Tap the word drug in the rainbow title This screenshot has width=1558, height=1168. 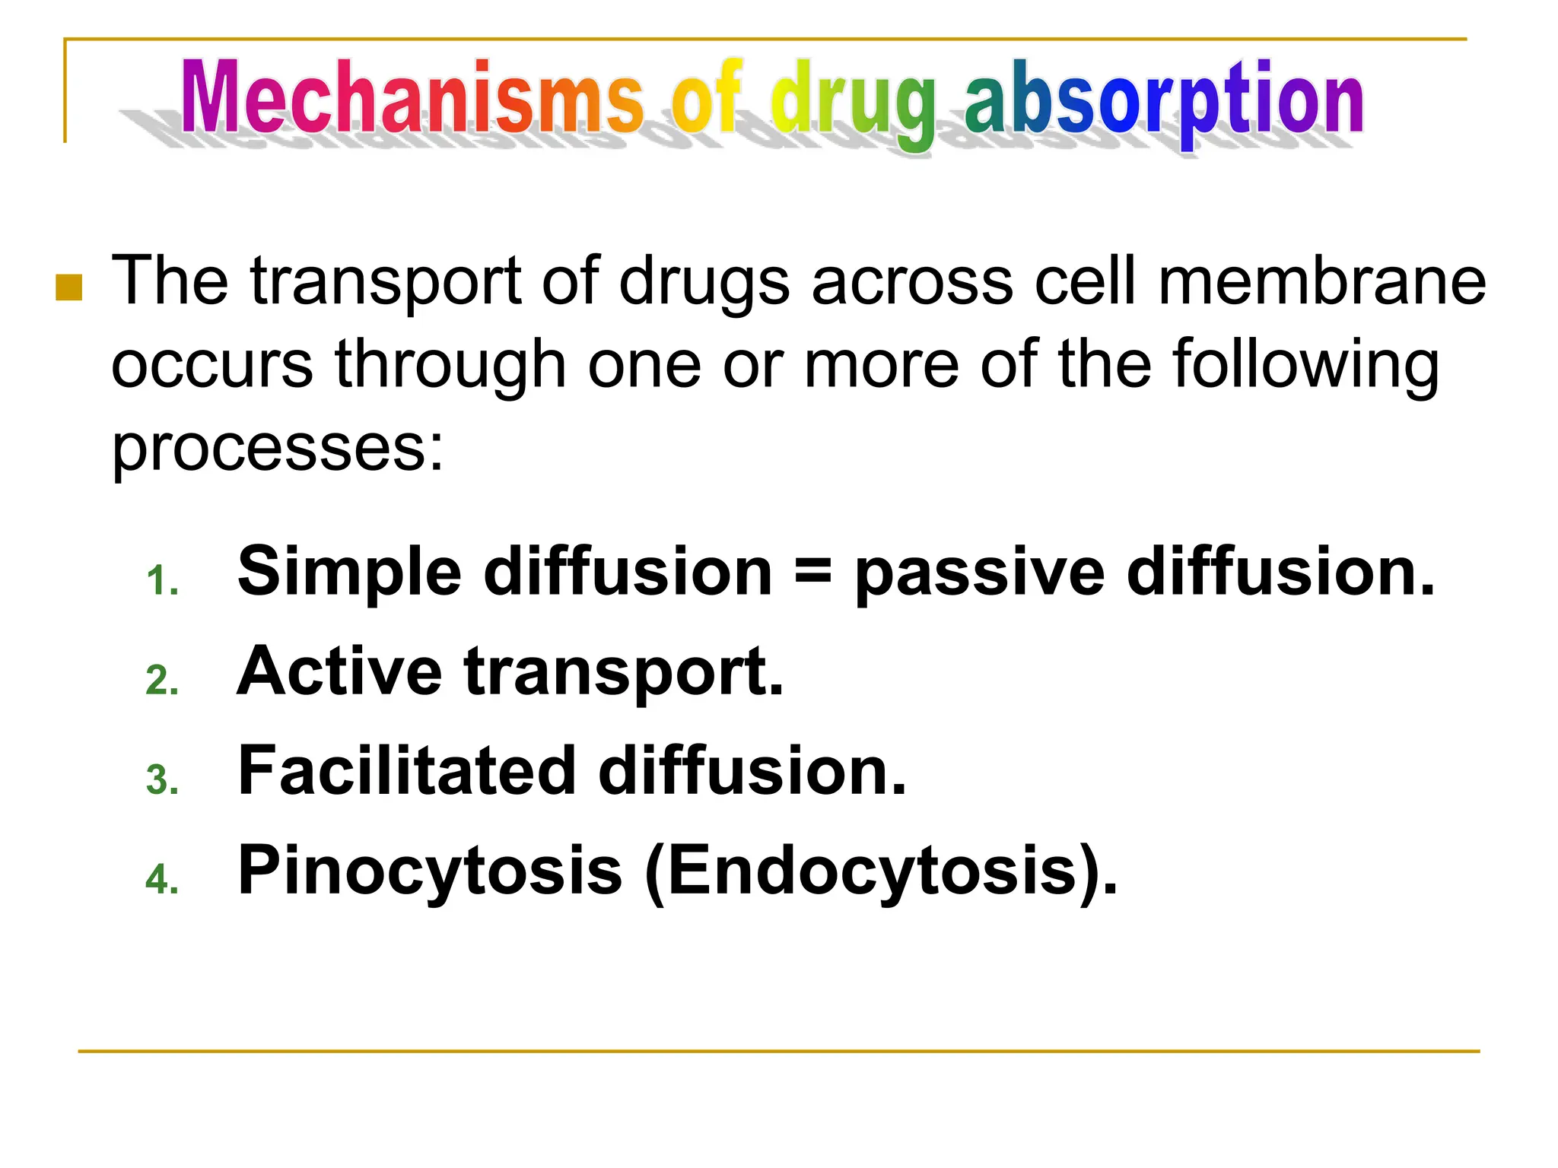tap(852, 103)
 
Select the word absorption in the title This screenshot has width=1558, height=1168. tap(1163, 103)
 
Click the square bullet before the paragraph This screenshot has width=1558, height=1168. tap(69, 287)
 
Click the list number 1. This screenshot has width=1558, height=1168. tap(162, 582)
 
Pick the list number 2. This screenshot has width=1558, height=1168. tap(162, 681)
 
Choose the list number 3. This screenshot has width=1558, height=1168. tap(162, 780)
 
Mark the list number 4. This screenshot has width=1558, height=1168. tap(162, 880)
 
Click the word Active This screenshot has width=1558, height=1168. tap(339, 671)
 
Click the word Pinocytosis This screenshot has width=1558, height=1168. tap(430, 872)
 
